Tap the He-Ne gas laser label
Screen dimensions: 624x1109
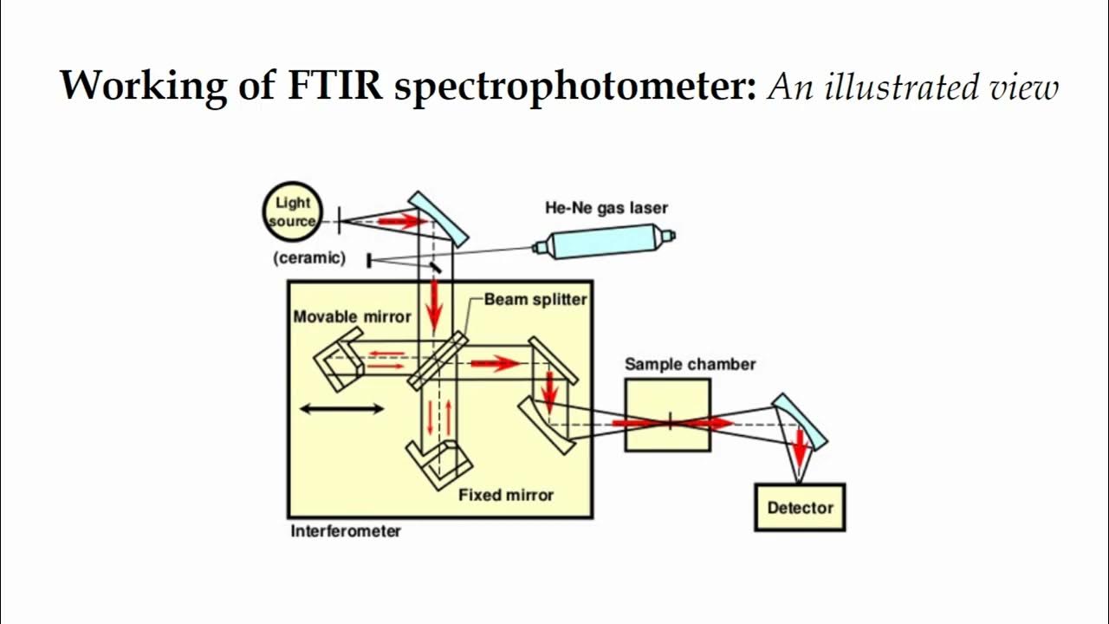pyautogui.click(x=606, y=207)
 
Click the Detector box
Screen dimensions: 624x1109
pyautogui.click(x=799, y=508)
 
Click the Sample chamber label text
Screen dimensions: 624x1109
pyautogui.click(x=690, y=364)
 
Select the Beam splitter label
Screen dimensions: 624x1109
pyautogui.click(x=535, y=299)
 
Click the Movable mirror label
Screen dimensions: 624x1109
pyautogui.click(x=352, y=316)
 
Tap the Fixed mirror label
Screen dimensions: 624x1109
pyautogui.click(x=505, y=495)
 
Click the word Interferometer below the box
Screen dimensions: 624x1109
pyautogui.click(x=346, y=530)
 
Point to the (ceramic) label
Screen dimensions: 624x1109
pyautogui.click(x=309, y=257)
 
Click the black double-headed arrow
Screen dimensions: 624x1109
pyautogui.click(x=341, y=408)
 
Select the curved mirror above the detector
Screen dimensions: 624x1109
pyautogui.click(x=799, y=420)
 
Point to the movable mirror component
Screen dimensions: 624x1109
pyautogui.click(x=336, y=363)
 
